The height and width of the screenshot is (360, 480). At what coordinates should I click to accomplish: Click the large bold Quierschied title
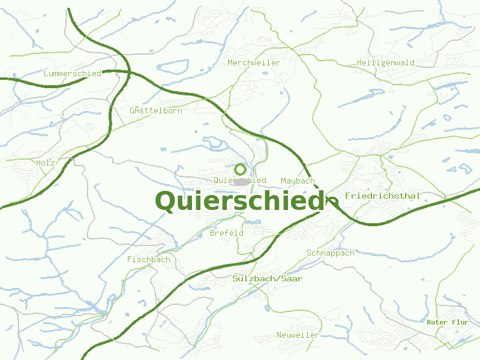click(239, 201)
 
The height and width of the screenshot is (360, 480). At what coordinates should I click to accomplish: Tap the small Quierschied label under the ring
click(240, 181)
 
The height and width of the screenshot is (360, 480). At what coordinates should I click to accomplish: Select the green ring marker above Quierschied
click(241, 169)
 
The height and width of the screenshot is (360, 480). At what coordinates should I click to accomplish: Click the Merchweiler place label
click(253, 62)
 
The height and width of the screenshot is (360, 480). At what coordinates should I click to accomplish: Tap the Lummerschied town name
click(73, 73)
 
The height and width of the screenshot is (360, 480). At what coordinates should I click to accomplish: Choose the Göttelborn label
click(155, 110)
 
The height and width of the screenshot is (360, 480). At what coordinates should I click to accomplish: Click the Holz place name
click(46, 163)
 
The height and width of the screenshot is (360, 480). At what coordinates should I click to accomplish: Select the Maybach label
click(298, 181)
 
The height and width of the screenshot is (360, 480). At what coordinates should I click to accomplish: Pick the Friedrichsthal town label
click(382, 196)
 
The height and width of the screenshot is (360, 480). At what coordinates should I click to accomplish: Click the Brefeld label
click(227, 233)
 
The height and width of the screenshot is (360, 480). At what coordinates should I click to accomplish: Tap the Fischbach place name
click(148, 259)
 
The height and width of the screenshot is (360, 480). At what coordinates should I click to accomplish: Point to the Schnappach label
click(330, 253)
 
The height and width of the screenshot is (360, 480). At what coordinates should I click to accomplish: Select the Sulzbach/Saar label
click(267, 278)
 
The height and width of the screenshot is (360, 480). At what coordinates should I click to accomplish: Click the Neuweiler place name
click(298, 335)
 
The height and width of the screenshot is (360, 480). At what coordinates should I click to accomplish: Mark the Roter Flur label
click(447, 322)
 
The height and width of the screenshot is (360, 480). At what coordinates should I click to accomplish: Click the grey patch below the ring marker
click(241, 181)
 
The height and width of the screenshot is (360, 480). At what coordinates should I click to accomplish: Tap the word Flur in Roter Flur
click(460, 322)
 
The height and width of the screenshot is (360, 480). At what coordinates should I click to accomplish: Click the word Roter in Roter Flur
click(437, 322)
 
